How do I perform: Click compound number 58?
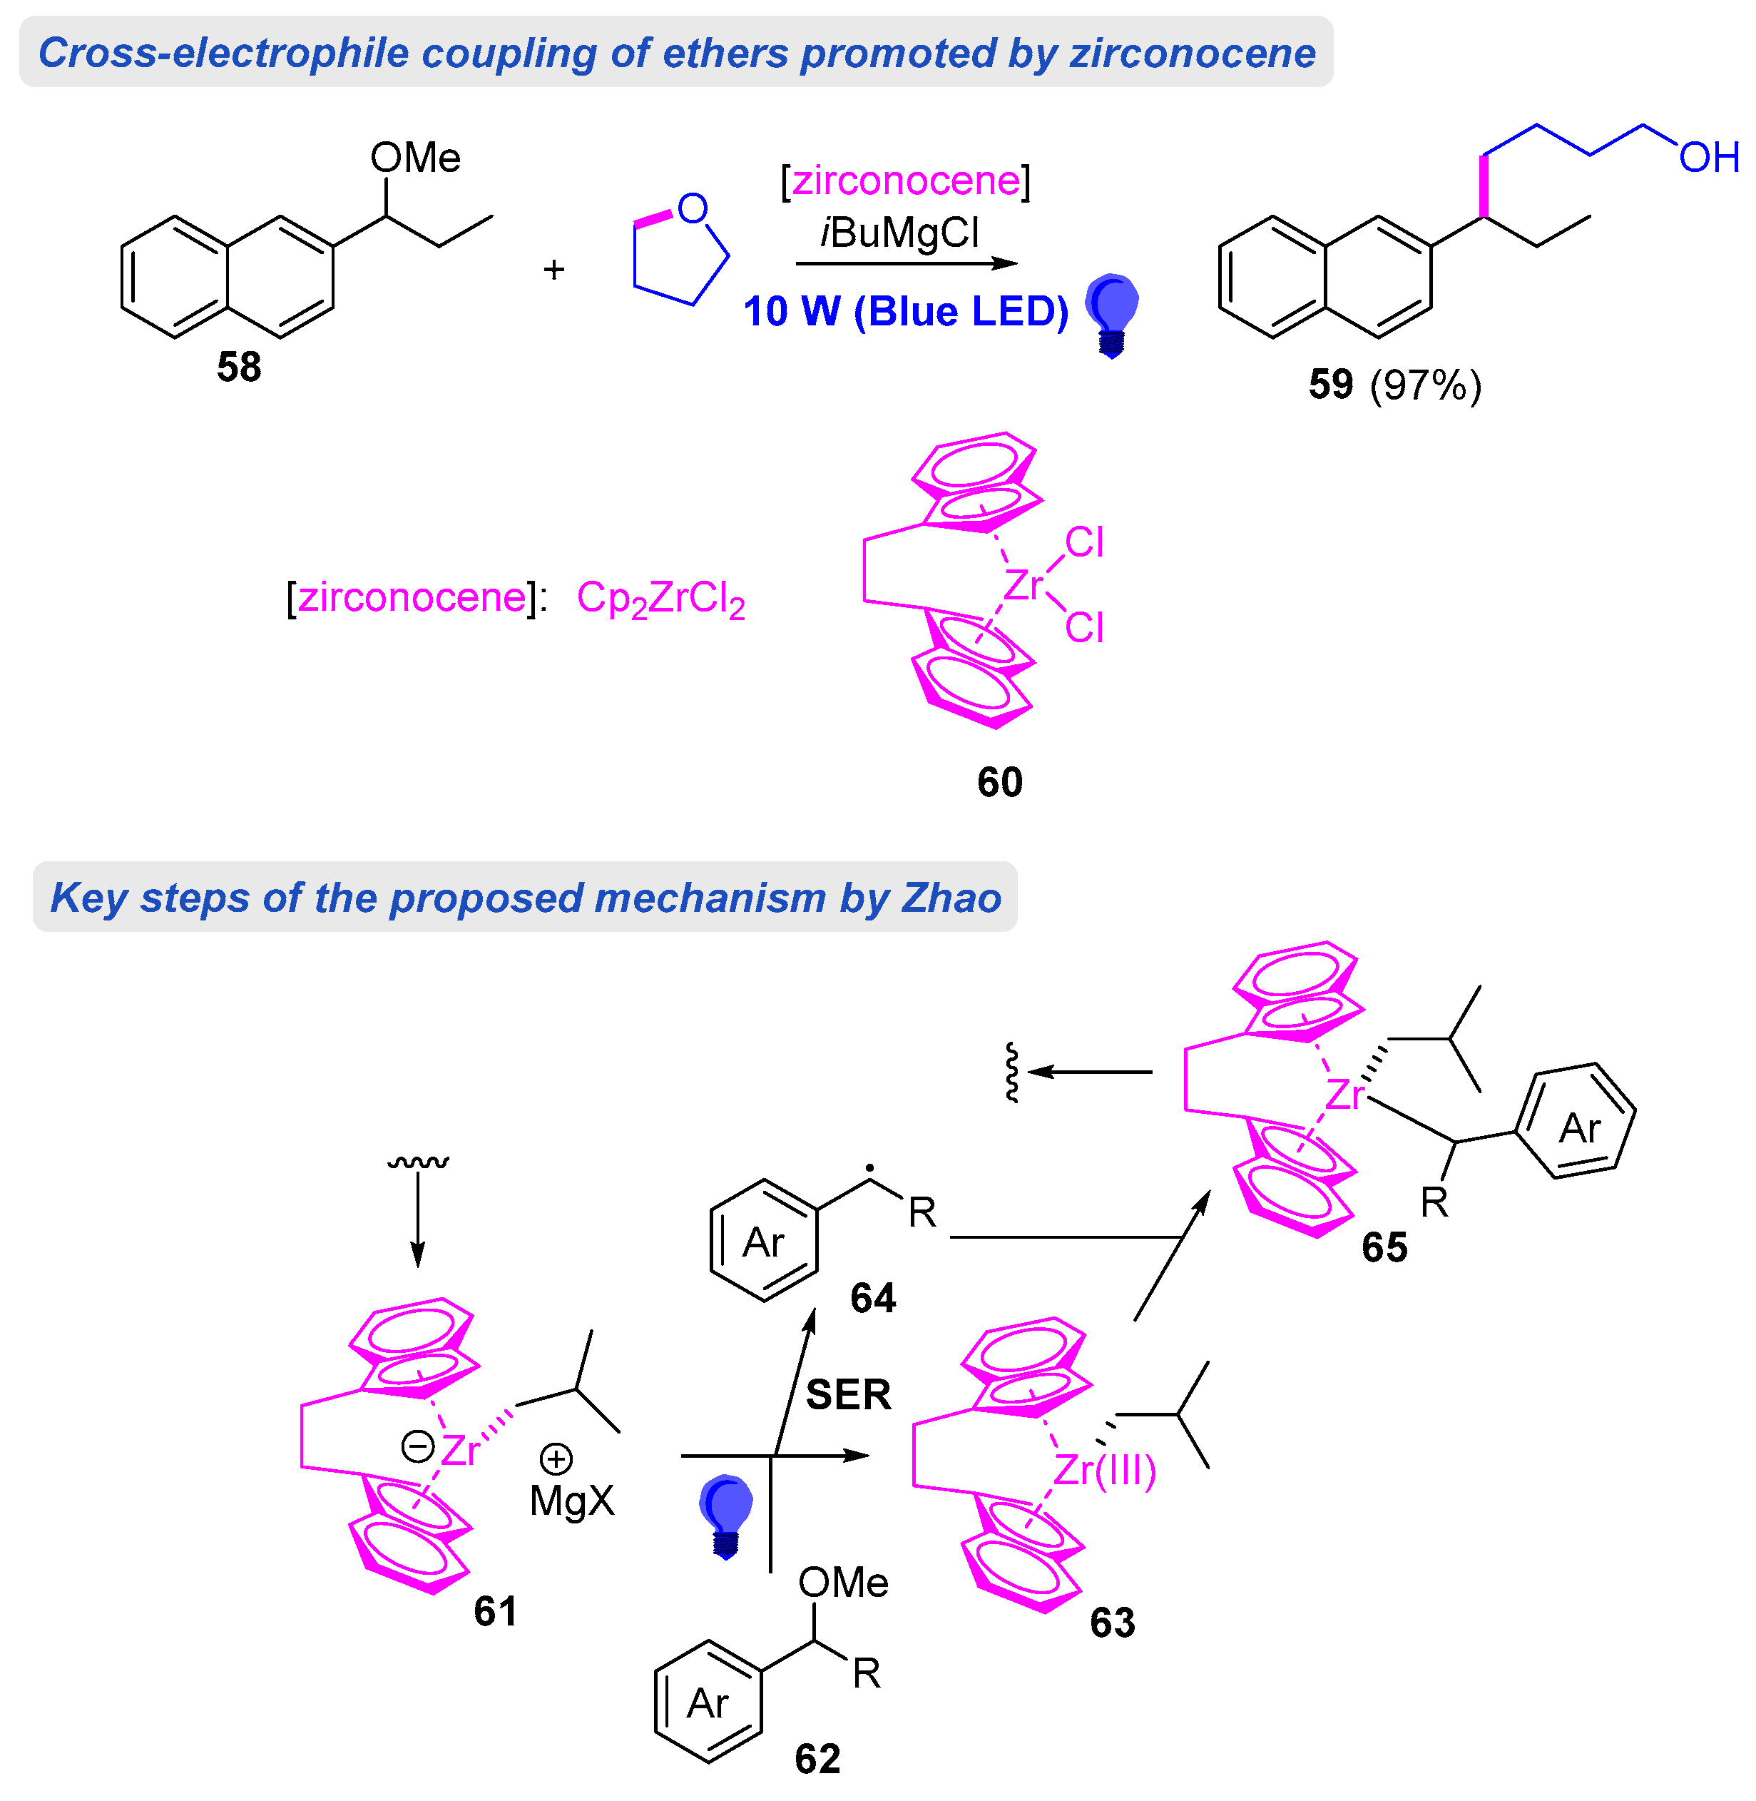click(239, 367)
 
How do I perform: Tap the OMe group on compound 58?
click(415, 158)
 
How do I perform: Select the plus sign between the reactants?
click(553, 270)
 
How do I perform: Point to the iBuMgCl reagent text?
click(899, 233)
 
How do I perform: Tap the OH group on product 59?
click(1708, 158)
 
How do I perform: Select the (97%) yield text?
click(1425, 385)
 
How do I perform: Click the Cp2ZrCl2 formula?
click(660, 599)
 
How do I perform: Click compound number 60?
click(1000, 782)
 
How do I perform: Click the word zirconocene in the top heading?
click(1193, 53)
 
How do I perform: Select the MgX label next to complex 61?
click(572, 1501)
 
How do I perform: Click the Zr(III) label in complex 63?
click(1104, 1470)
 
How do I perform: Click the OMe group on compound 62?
click(843, 1583)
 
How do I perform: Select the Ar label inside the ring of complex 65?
click(1579, 1128)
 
